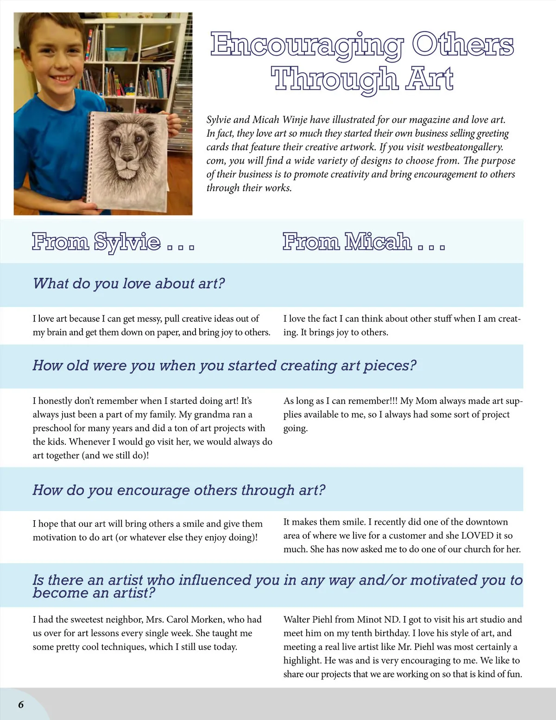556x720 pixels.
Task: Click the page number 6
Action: coord(21,705)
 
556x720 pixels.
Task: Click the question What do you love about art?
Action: coord(129,283)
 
